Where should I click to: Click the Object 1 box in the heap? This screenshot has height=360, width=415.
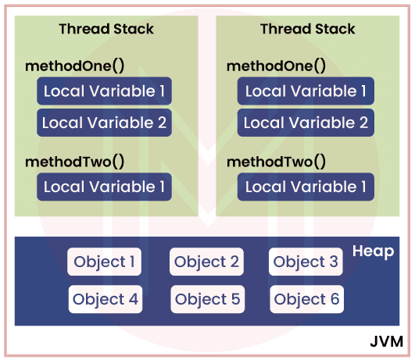pyautogui.click(x=105, y=262)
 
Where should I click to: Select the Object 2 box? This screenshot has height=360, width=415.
pyautogui.click(x=206, y=262)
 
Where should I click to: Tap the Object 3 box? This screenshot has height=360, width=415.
pyautogui.click(x=306, y=262)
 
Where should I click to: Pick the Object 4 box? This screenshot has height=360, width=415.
pyautogui.click(x=105, y=299)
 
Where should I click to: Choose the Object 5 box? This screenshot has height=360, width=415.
pyautogui.click(x=206, y=299)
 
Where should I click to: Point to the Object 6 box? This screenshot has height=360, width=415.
pyautogui.click(x=306, y=299)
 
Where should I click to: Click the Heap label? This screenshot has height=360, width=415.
pyautogui.click(x=373, y=251)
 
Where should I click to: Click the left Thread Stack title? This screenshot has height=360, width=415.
pyautogui.click(x=106, y=29)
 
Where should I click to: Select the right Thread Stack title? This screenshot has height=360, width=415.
pyautogui.click(x=307, y=29)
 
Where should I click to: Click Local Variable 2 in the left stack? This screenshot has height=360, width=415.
pyautogui.click(x=104, y=123)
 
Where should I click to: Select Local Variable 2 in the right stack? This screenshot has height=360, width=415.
pyautogui.click(x=306, y=123)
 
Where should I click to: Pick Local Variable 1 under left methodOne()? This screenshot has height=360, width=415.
pyautogui.click(x=104, y=91)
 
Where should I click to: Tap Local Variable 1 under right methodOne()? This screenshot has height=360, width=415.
pyautogui.click(x=306, y=91)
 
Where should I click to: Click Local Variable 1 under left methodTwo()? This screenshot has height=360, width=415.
pyautogui.click(x=104, y=187)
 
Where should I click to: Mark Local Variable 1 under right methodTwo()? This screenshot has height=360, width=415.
pyautogui.click(x=306, y=187)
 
